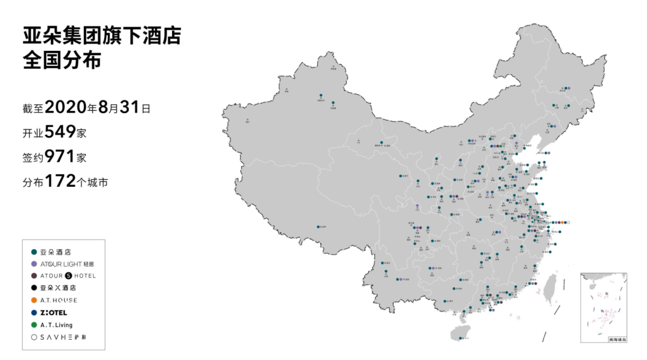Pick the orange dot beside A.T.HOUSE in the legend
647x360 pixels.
pos(34,300)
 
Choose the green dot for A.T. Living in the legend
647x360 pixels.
pos(34,325)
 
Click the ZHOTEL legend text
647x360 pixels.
pos(54,313)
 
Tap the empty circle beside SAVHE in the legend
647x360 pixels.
pos(34,337)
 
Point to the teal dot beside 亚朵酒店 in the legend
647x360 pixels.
pos(34,252)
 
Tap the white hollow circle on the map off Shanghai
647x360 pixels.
pos(568,223)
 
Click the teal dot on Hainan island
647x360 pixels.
pos(460,338)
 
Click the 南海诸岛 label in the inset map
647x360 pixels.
pos(617,340)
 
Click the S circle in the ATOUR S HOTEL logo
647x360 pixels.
pos(68,276)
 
